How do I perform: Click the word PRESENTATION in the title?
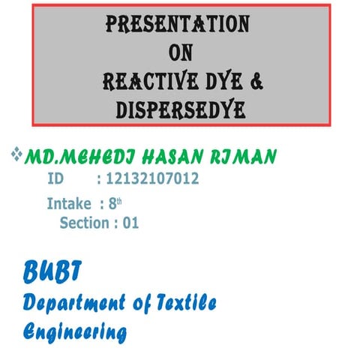[177, 25]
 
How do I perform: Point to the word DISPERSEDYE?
[180, 109]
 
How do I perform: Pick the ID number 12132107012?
[152, 179]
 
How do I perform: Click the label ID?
[55, 179]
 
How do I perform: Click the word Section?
[84, 223]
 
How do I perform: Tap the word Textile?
[180, 302]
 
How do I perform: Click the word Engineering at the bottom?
[74, 331]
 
